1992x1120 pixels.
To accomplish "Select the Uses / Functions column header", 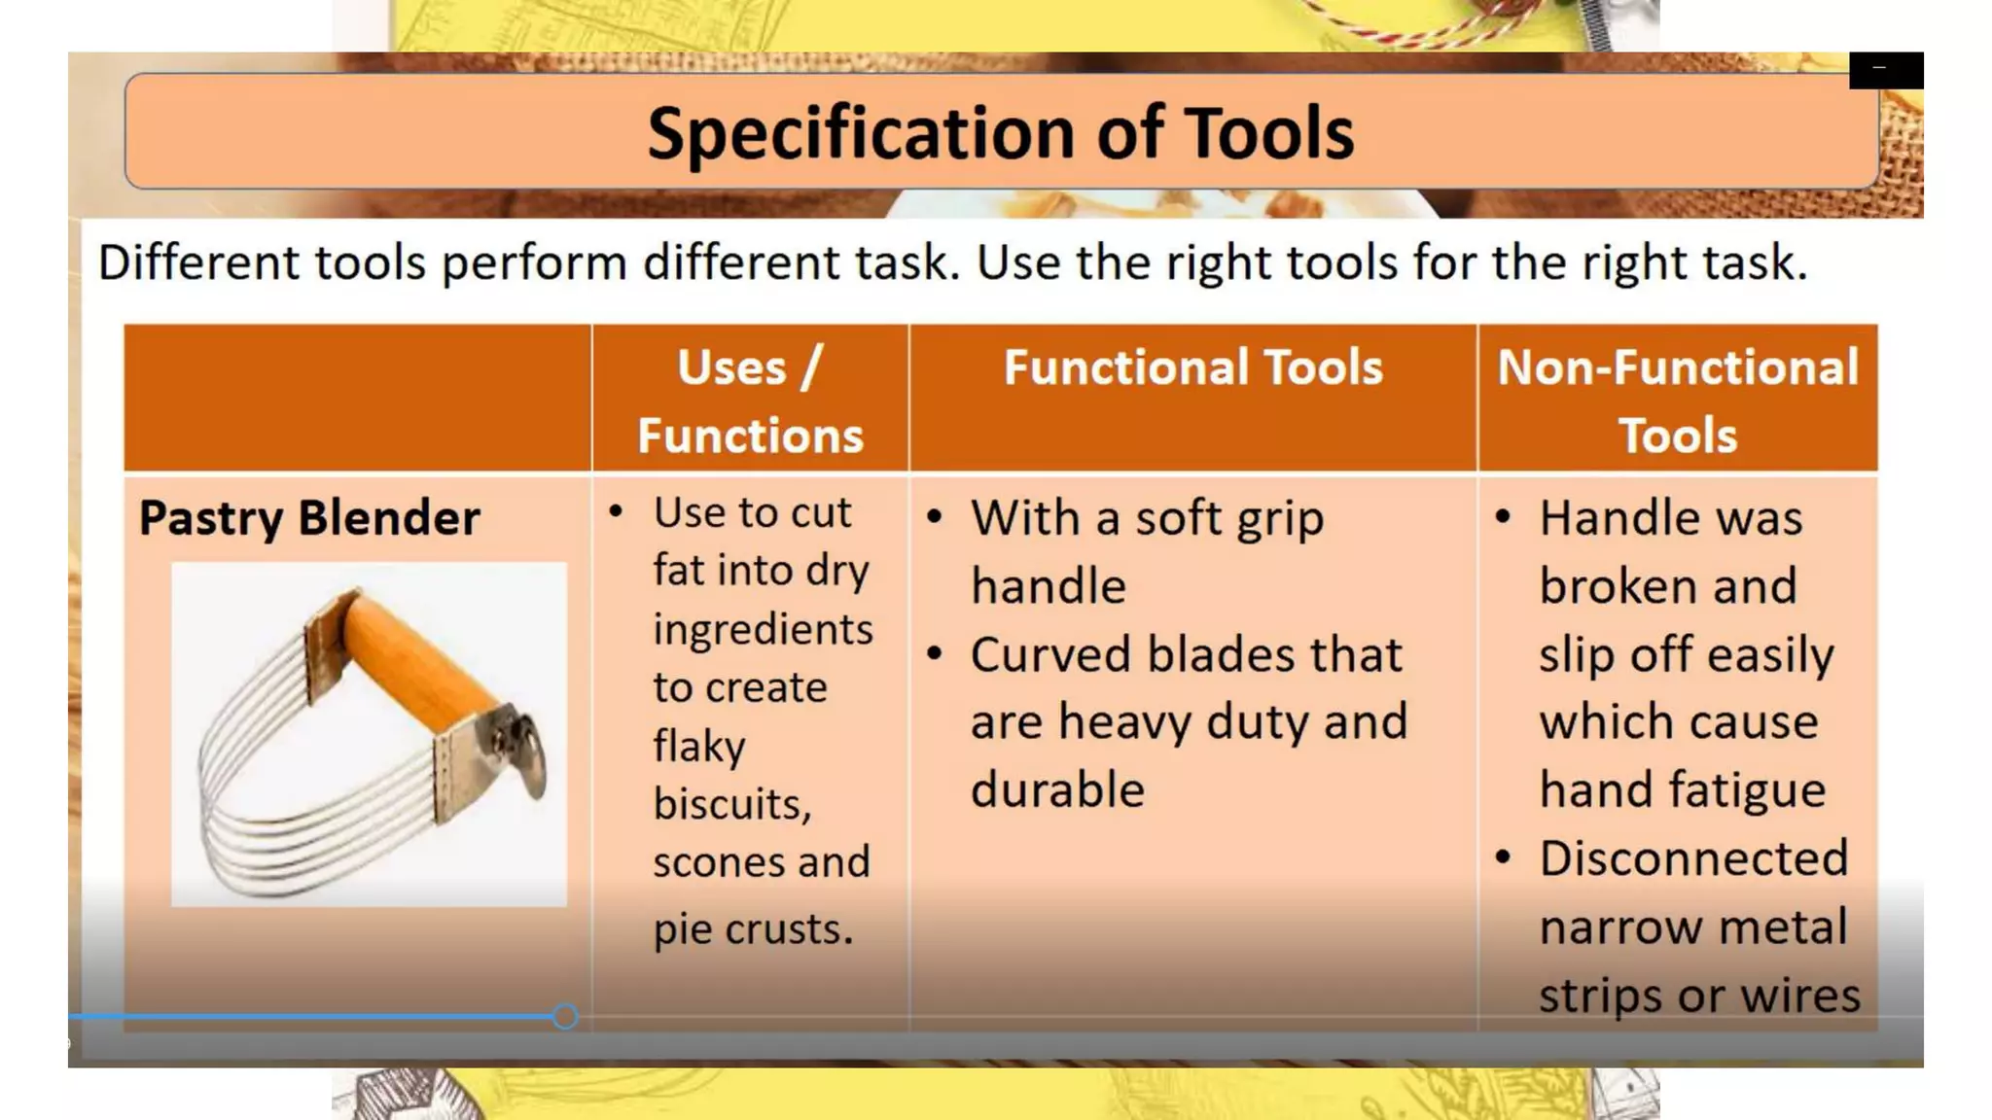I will tap(750, 401).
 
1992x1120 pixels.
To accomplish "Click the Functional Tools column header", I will tap(1192, 368).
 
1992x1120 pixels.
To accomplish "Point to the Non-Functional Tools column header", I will tap(1677, 401).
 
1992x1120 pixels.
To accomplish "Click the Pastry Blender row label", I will tap(309, 517).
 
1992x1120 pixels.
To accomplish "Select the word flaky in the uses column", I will tap(699, 747).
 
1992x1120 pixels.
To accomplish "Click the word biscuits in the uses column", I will tap(731, 804).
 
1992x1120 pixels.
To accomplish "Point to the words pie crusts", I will tap(753, 929).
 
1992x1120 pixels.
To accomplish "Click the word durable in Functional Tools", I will tap(1057, 789).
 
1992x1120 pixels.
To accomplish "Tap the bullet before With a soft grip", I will tap(935, 517).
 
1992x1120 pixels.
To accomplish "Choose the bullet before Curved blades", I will tap(935, 654).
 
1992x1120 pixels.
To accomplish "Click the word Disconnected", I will tap(1692, 858).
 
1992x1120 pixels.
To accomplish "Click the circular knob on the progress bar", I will tap(565, 1017).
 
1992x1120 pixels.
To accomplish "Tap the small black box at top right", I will tap(1885, 70).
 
